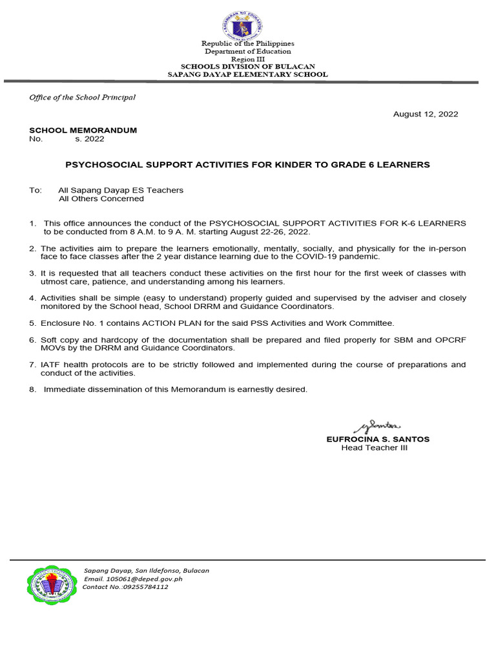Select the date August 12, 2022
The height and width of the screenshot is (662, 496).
[426, 114]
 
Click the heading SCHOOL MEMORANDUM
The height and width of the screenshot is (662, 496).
[83, 130]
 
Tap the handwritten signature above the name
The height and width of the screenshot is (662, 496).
[377, 426]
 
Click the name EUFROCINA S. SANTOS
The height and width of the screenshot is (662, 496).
[378, 439]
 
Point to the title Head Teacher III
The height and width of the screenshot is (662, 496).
[374, 448]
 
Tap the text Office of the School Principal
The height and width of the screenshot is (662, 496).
[82, 97]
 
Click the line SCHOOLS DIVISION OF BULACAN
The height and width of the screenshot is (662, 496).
[248, 67]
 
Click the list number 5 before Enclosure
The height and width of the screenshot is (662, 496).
[32, 323]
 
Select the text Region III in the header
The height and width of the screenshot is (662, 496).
[248, 59]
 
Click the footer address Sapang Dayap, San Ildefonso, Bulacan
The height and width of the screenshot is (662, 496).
[147, 571]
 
